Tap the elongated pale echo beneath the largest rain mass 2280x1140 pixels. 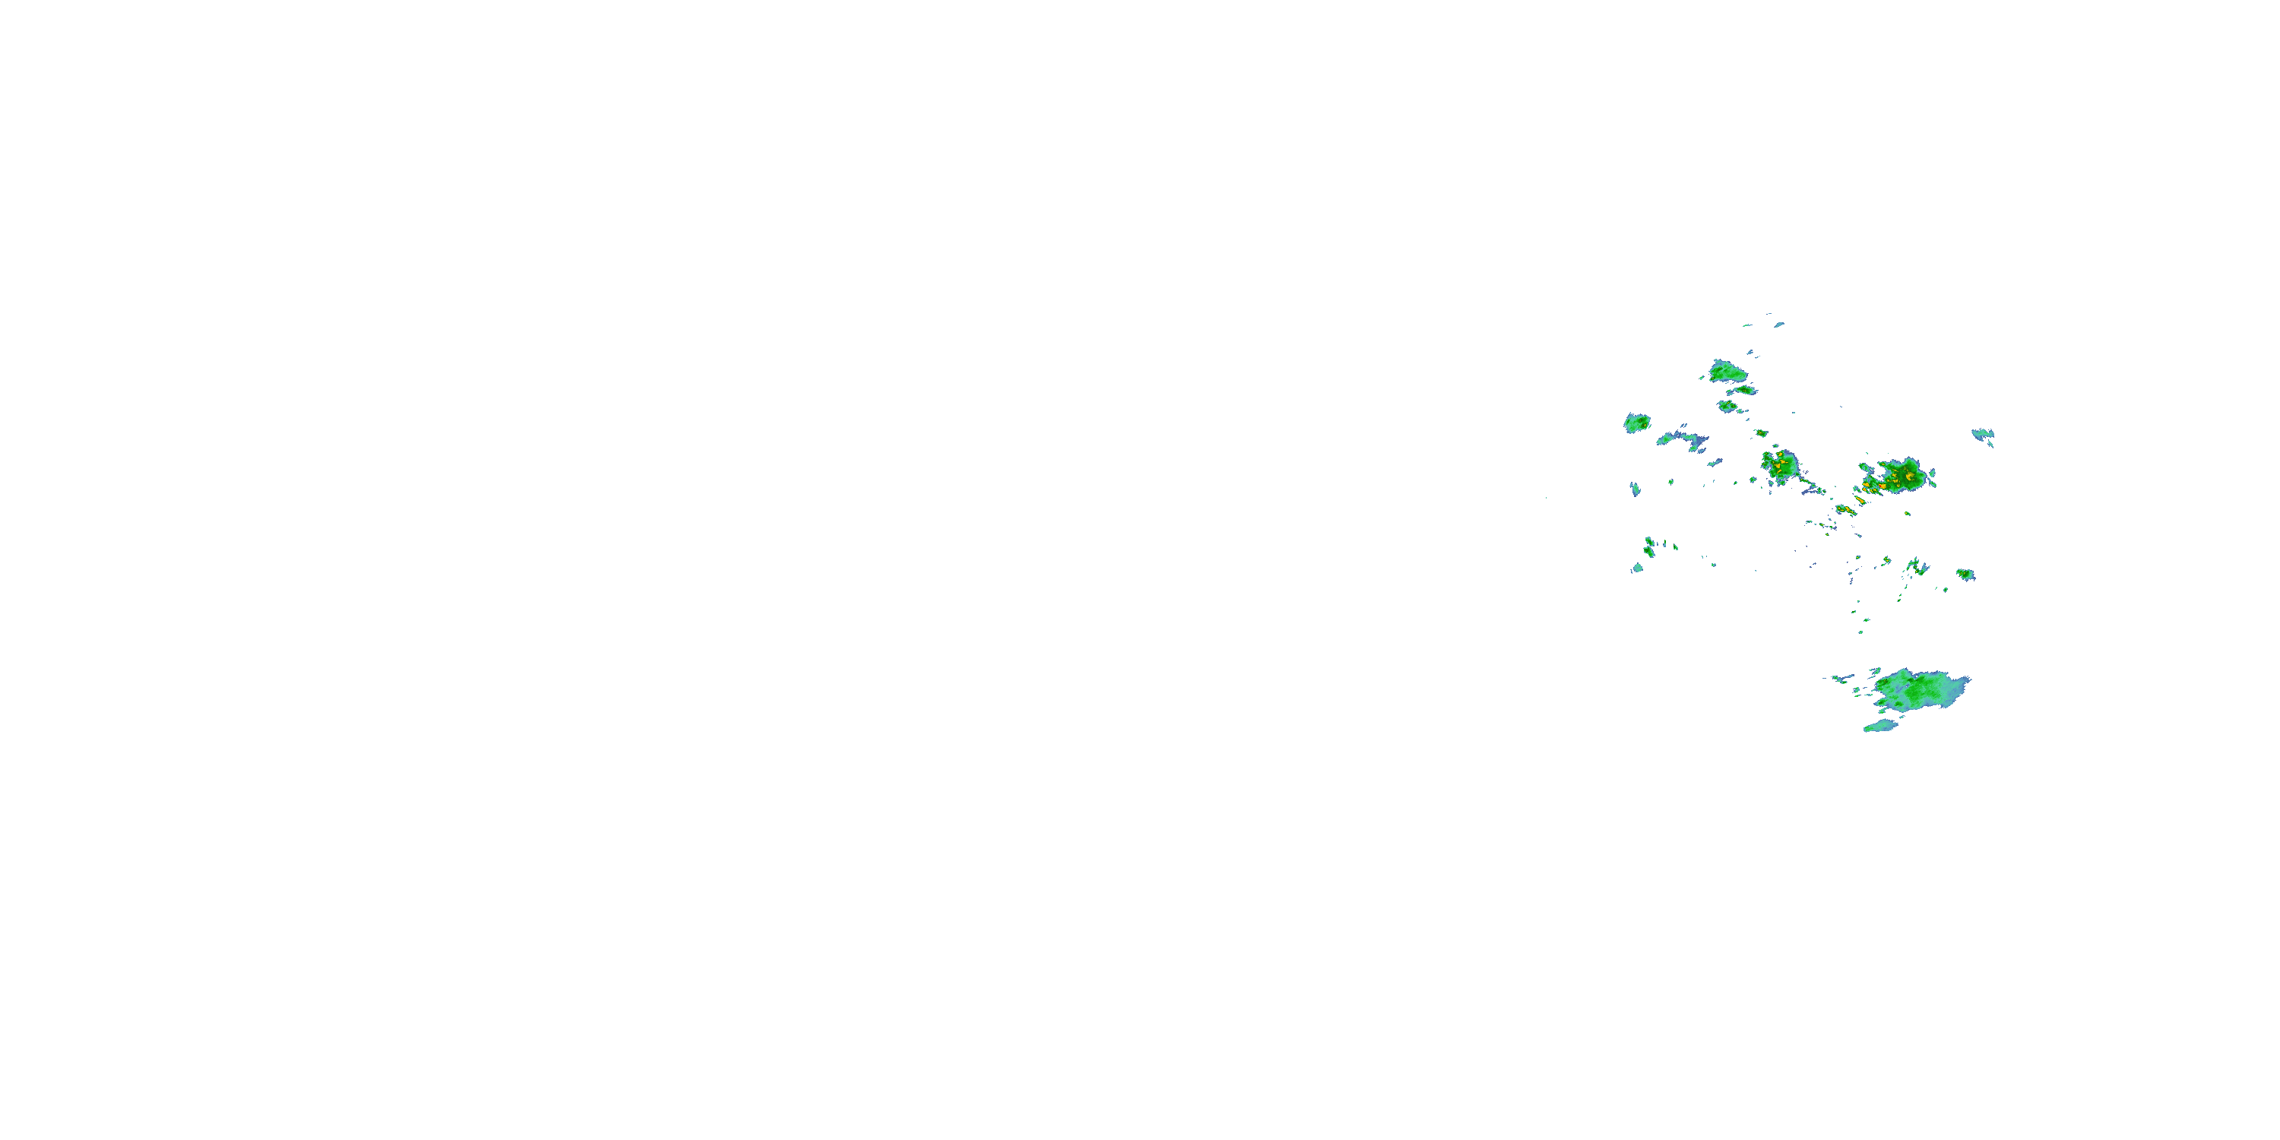1880,726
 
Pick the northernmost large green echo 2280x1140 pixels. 1727,371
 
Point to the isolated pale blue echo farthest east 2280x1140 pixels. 1983,434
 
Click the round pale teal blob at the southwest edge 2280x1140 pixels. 1638,568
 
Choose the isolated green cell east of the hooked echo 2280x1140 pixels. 1965,575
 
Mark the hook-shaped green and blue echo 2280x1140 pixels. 1916,565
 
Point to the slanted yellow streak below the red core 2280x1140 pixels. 1845,510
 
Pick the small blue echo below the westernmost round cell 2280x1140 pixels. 1635,489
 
